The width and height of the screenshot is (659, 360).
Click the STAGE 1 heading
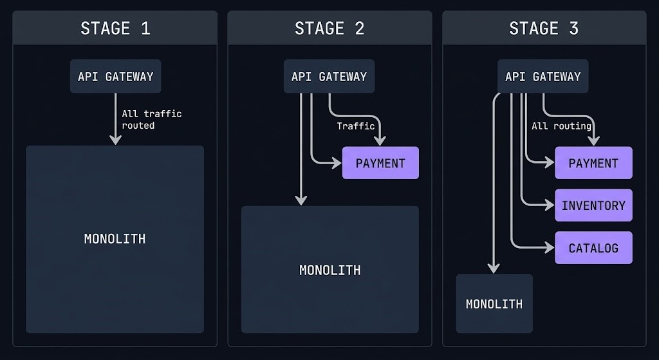click(115, 28)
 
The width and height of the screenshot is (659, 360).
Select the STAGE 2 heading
click(329, 28)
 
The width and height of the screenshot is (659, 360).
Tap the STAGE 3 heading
click(544, 28)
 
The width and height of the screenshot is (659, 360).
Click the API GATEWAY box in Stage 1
click(115, 77)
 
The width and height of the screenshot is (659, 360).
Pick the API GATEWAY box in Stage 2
click(329, 77)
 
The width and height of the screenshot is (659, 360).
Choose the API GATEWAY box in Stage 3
click(543, 77)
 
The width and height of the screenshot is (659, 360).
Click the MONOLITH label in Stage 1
click(115, 239)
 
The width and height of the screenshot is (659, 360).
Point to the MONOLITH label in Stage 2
click(329, 270)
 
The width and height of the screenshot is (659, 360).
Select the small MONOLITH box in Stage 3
click(494, 304)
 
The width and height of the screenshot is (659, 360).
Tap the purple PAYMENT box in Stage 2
click(380, 163)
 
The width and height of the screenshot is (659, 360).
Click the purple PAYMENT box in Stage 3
click(593, 163)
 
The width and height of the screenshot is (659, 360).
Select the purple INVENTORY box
click(593, 205)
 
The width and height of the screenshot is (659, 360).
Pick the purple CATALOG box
click(593, 248)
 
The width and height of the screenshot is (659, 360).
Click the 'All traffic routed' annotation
click(152, 119)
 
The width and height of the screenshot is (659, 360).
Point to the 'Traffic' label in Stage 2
click(355, 126)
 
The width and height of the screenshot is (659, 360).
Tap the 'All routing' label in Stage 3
click(561, 126)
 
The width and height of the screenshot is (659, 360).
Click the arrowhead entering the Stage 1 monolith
click(115, 139)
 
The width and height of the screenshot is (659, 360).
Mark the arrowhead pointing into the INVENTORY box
click(549, 205)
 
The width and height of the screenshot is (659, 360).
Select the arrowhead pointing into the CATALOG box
click(549, 248)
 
